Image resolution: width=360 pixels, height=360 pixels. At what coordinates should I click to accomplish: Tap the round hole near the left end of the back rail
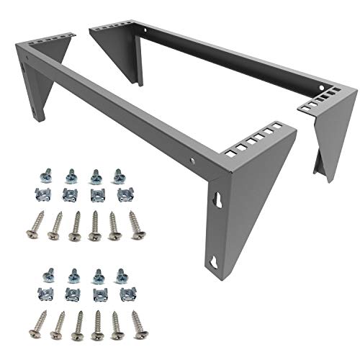point(148,33)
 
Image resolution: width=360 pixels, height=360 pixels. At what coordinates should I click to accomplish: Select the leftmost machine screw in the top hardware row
point(42,175)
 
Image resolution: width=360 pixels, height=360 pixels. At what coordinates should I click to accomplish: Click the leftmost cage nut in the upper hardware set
point(42,194)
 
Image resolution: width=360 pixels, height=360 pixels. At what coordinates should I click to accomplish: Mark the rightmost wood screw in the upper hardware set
point(135,224)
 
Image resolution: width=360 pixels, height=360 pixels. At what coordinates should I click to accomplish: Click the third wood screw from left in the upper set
point(75,225)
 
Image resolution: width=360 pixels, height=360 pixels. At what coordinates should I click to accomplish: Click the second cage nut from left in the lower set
point(73,294)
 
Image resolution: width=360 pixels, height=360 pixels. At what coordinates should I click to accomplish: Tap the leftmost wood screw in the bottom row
point(36,324)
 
